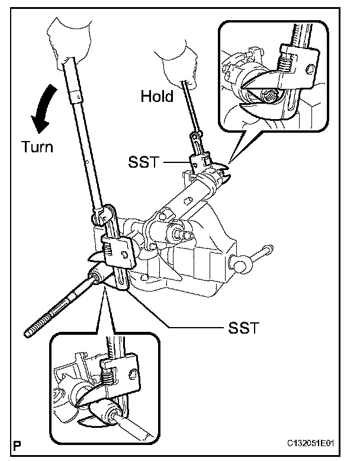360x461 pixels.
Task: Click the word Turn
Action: click(37, 147)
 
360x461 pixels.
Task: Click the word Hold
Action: click(157, 96)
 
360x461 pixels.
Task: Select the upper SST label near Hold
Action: click(143, 162)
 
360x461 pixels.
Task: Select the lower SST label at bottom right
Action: click(244, 328)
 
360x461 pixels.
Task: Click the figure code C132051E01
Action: click(311, 443)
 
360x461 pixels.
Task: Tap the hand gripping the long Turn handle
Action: click(69, 41)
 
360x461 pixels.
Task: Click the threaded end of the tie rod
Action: click(38, 325)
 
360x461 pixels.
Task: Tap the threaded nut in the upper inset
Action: click(270, 96)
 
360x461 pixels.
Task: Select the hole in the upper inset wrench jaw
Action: click(310, 69)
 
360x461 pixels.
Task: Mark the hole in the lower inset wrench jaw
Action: click(133, 373)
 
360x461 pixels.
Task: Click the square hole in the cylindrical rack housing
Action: click(187, 201)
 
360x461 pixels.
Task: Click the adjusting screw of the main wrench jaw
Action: click(108, 250)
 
